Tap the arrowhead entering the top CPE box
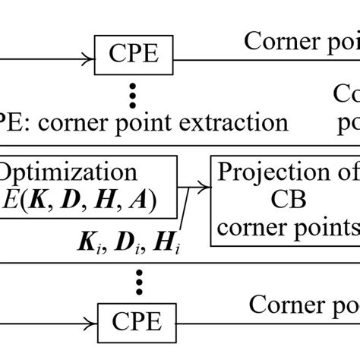tap(89, 53)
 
